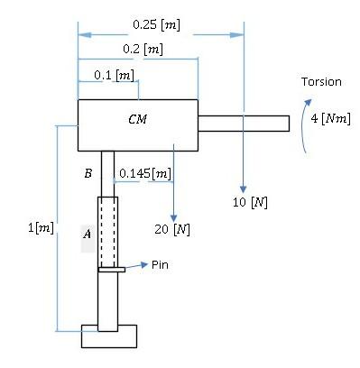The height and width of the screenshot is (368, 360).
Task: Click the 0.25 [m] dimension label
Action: [156, 25]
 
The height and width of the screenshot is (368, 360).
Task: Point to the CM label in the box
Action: [137, 118]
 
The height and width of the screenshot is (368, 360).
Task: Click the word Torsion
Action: [321, 82]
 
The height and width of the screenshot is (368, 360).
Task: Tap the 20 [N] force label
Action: [172, 229]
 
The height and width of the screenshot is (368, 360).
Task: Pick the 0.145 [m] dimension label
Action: [145, 172]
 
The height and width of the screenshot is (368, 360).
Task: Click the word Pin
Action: [160, 265]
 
